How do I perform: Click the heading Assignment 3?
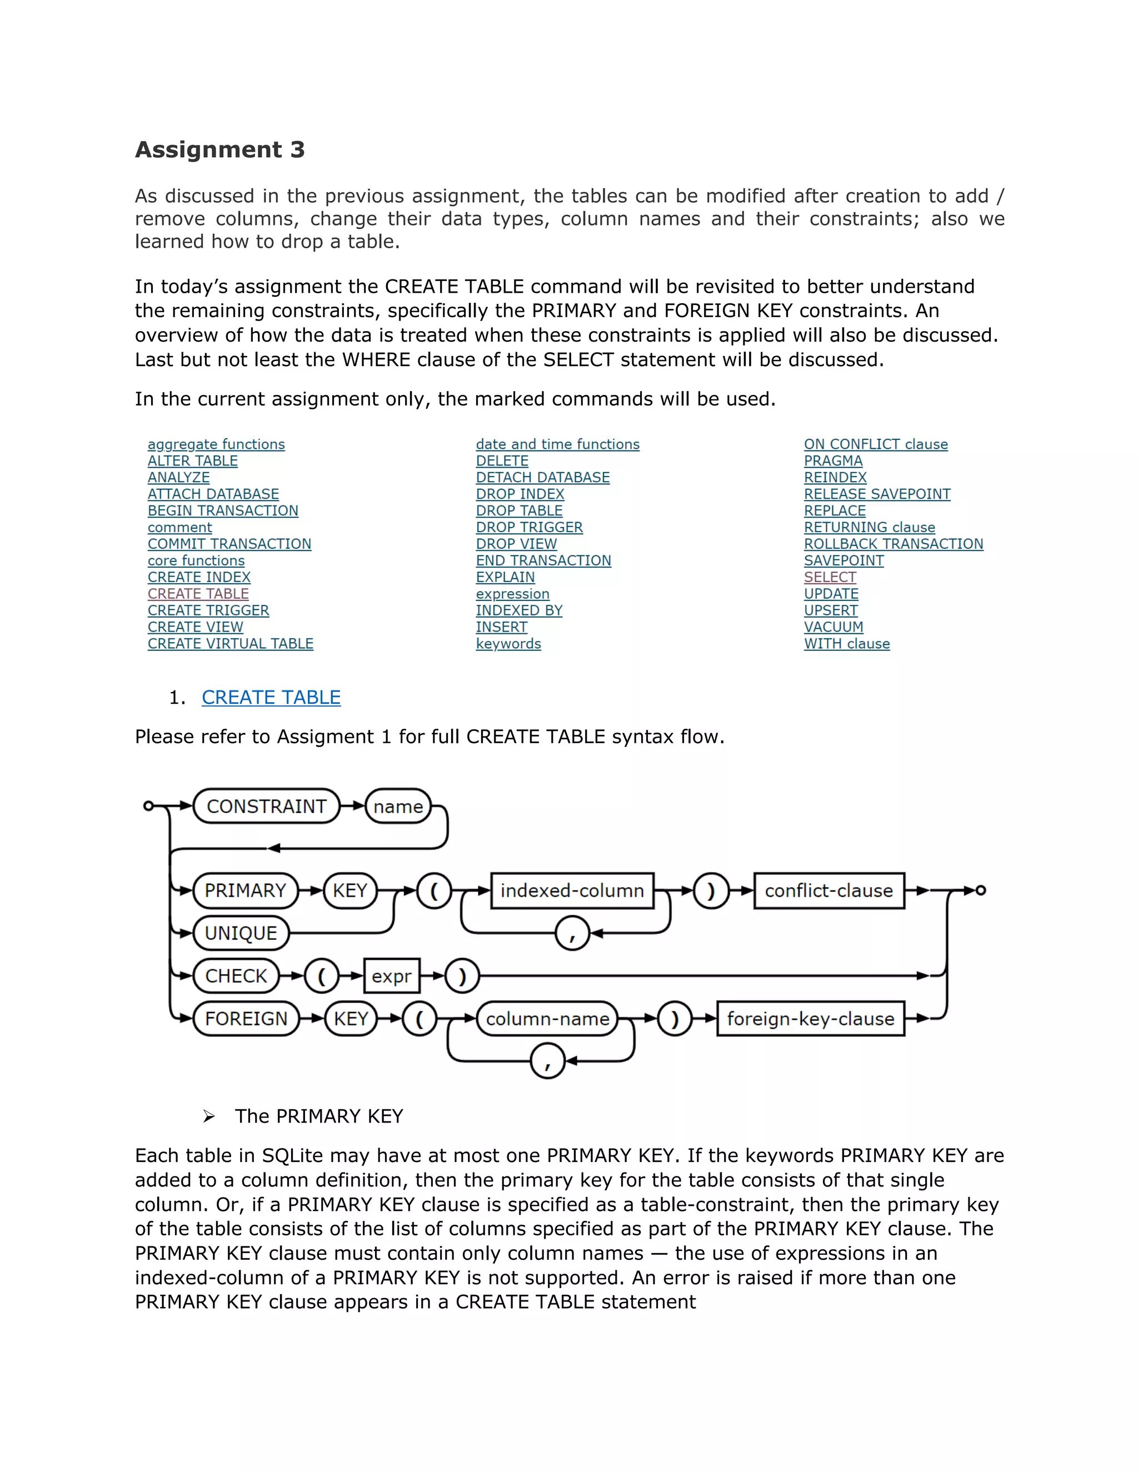coord(220,149)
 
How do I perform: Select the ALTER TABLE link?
coord(193,461)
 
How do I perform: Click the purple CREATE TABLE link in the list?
coord(198,594)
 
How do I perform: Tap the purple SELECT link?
coord(830,577)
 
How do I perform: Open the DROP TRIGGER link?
coord(529,527)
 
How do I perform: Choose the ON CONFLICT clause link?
coord(876,444)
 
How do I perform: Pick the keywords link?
coord(508,644)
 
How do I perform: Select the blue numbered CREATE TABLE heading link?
coord(271,698)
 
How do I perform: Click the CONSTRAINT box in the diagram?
coord(266,806)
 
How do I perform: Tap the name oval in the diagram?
coord(398,806)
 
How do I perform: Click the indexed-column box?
coord(572,890)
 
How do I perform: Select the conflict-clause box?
coord(828,890)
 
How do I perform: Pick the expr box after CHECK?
coord(391,976)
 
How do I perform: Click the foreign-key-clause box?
coord(810,1018)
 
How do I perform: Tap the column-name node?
coord(547,1018)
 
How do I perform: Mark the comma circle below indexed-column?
coord(572,934)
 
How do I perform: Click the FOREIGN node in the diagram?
coord(246,1018)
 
